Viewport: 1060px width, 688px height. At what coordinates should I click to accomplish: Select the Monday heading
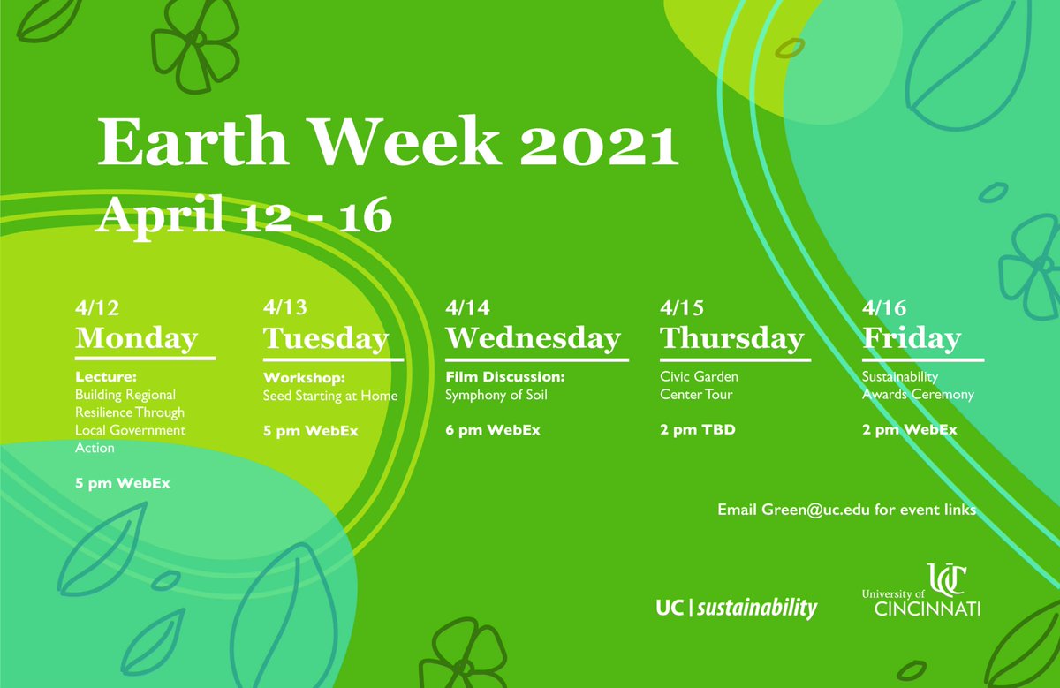coord(137,338)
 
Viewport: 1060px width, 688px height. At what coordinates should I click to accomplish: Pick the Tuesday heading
coord(326,338)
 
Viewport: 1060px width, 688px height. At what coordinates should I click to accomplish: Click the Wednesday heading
coord(533,338)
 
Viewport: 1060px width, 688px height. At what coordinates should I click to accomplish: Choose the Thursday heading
coord(732,338)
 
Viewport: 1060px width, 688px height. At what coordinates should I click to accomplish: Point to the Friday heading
coord(912,338)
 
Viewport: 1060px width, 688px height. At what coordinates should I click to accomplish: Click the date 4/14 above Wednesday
coord(467,308)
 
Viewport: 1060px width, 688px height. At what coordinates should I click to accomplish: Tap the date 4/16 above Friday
coord(884,308)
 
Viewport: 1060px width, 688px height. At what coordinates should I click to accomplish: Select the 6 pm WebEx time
coord(492,430)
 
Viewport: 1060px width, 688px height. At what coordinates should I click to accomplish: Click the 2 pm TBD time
coord(698,430)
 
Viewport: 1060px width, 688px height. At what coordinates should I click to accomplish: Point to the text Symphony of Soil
coord(496,395)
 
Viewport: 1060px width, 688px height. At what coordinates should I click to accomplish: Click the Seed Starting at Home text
coord(330,396)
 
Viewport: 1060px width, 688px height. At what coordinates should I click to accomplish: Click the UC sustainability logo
coord(737,608)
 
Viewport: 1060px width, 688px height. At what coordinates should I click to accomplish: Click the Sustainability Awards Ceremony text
coord(918,386)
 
